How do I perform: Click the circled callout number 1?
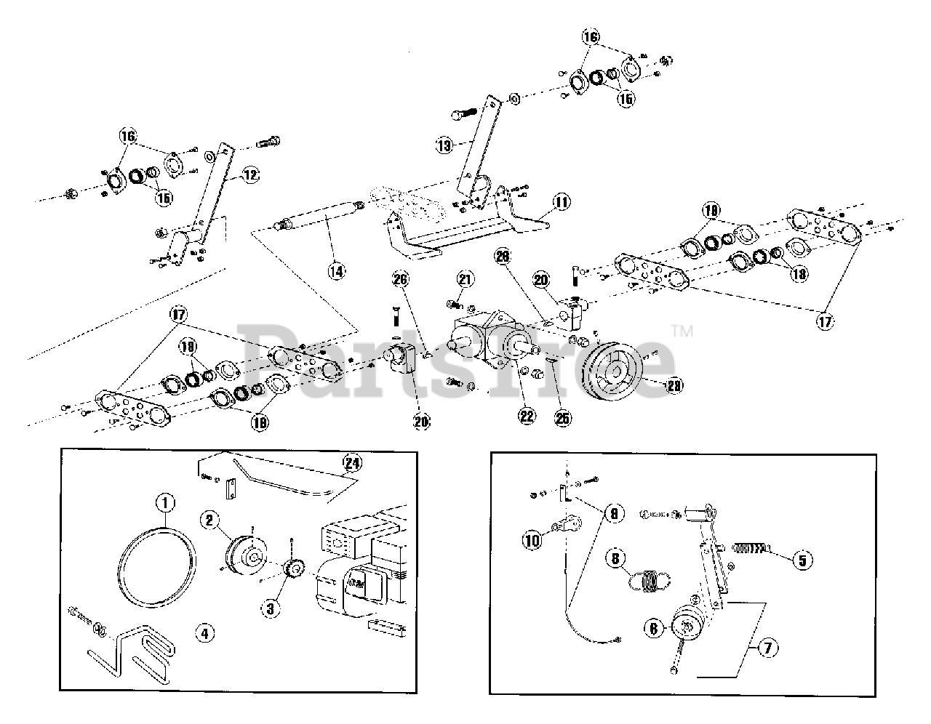(165, 502)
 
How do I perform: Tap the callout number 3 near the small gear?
(270, 608)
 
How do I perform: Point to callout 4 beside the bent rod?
(204, 632)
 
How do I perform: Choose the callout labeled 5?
(803, 560)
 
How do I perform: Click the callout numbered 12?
(249, 174)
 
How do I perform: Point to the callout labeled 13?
(444, 145)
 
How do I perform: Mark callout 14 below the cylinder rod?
(335, 271)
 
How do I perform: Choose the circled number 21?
(465, 279)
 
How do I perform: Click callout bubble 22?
(526, 416)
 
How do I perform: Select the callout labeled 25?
(562, 417)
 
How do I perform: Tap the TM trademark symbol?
(682, 331)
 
